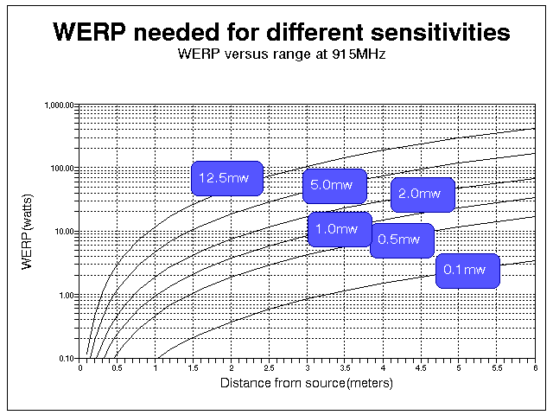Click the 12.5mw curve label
[x=226, y=178]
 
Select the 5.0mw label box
[x=334, y=185]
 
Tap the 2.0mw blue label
[x=423, y=195]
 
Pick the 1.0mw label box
[x=340, y=229]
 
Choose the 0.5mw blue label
[x=402, y=239]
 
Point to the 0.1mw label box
[x=467, y=271]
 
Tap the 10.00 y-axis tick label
[x=65, y=232]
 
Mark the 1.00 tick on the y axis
[x=67, y=295]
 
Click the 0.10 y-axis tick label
[x=67, y=358]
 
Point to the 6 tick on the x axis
[x=534, y=367]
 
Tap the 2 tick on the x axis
[x=232, y=367]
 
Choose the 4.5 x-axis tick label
[x=421, y=367]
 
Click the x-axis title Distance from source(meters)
[x=307, y=382]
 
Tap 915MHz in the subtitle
[x=352, y=54]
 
